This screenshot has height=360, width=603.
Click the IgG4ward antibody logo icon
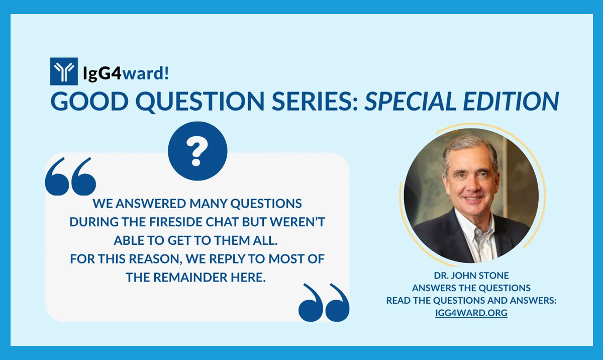coord(64,72)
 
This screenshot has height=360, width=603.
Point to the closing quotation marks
coord(324,303)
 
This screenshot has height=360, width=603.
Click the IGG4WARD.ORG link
coord(471,313)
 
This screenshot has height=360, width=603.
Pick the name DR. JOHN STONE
coord(471,276)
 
